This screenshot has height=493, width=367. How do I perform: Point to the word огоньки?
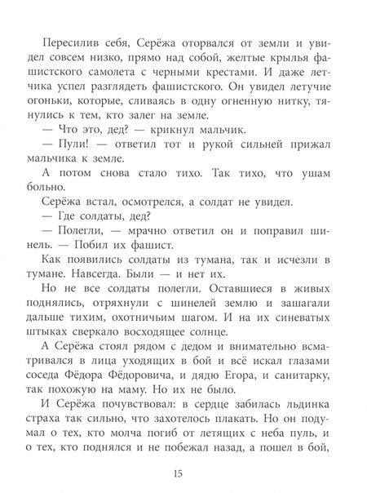(x=68, y=113)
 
